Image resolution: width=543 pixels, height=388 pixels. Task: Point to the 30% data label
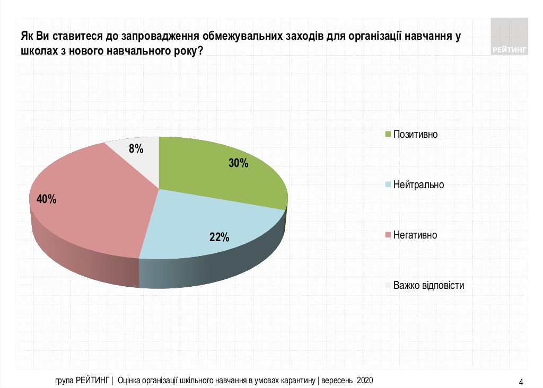click(x=239, y=163)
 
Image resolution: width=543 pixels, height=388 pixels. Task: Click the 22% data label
click(x=219, y=237)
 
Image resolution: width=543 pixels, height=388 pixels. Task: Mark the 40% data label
click(x=46, y=199)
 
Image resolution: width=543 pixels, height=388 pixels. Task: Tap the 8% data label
click(x=136, y=149)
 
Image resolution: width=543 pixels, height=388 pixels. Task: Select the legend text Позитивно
click(x=415, y=134)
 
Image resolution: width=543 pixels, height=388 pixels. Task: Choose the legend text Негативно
click(x=415, y=235)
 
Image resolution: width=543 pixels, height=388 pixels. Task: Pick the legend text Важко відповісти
click(x=428, y=285)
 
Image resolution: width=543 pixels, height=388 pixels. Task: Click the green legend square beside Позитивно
click(x=388, y=134)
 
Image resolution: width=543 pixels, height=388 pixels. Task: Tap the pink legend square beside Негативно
click(x=388, y=235)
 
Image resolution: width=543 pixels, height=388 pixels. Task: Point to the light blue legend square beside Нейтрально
click(x=388, y=184)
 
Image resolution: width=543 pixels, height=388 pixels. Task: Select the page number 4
click(x=521, y=381)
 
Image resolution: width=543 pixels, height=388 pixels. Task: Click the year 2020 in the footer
click(x=365, y=380)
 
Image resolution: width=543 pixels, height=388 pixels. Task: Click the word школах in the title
click(x=38, y=52)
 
